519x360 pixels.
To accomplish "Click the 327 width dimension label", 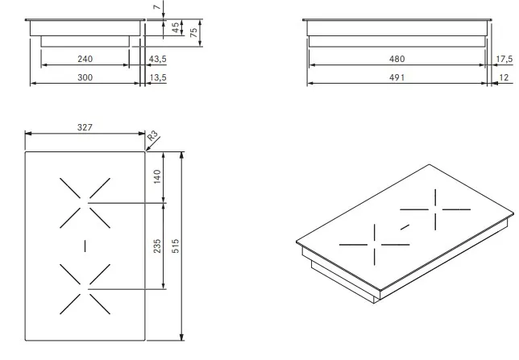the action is pyautogui.click(x=85, y=127).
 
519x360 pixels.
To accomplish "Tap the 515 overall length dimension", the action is pyautogui.click(x=176, y=246).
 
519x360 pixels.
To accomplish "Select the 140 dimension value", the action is pyautogui.click(x=157, y=176).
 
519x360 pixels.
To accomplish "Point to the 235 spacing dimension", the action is pyautogui.click(x=157, y=246).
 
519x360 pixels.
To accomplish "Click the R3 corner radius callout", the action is pyautogui.click(x=152, y=135).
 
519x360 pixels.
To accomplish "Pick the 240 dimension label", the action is pyautogui.click(x=85, y=59).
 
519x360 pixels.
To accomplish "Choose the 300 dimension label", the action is pyautogui.click(x=85, y=77).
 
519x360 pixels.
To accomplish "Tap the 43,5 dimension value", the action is pyautogui.click(x=158, y=60).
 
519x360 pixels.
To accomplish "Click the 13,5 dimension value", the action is pyautogui.click(x=158, y=78).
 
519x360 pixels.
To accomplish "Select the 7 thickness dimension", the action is pyautogui.click(x=157, y=7).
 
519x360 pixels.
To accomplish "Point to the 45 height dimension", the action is pyautogui.click(x=176, y=27).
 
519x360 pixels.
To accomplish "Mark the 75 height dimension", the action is pyautogui.click(x=194, y=32).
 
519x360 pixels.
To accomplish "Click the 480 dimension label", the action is pyautogui.click(x=397, y=59).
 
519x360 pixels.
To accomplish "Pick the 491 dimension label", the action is pyautogui.click(x=397, y=77).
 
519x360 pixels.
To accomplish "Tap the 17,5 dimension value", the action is pyautogui.click(x=504, y=60).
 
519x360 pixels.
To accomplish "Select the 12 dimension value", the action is pyautogui.click(x=504, y=77).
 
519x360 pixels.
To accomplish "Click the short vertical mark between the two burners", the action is pyautogui.click(x=85, y=246).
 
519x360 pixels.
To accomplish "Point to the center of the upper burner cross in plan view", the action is pyautogui.click(x=85, y=203).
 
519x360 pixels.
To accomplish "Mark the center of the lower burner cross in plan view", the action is pyautogui.click(x=85, y=289).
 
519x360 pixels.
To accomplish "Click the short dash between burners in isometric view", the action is pyautogui.click(x=405, y=227).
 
